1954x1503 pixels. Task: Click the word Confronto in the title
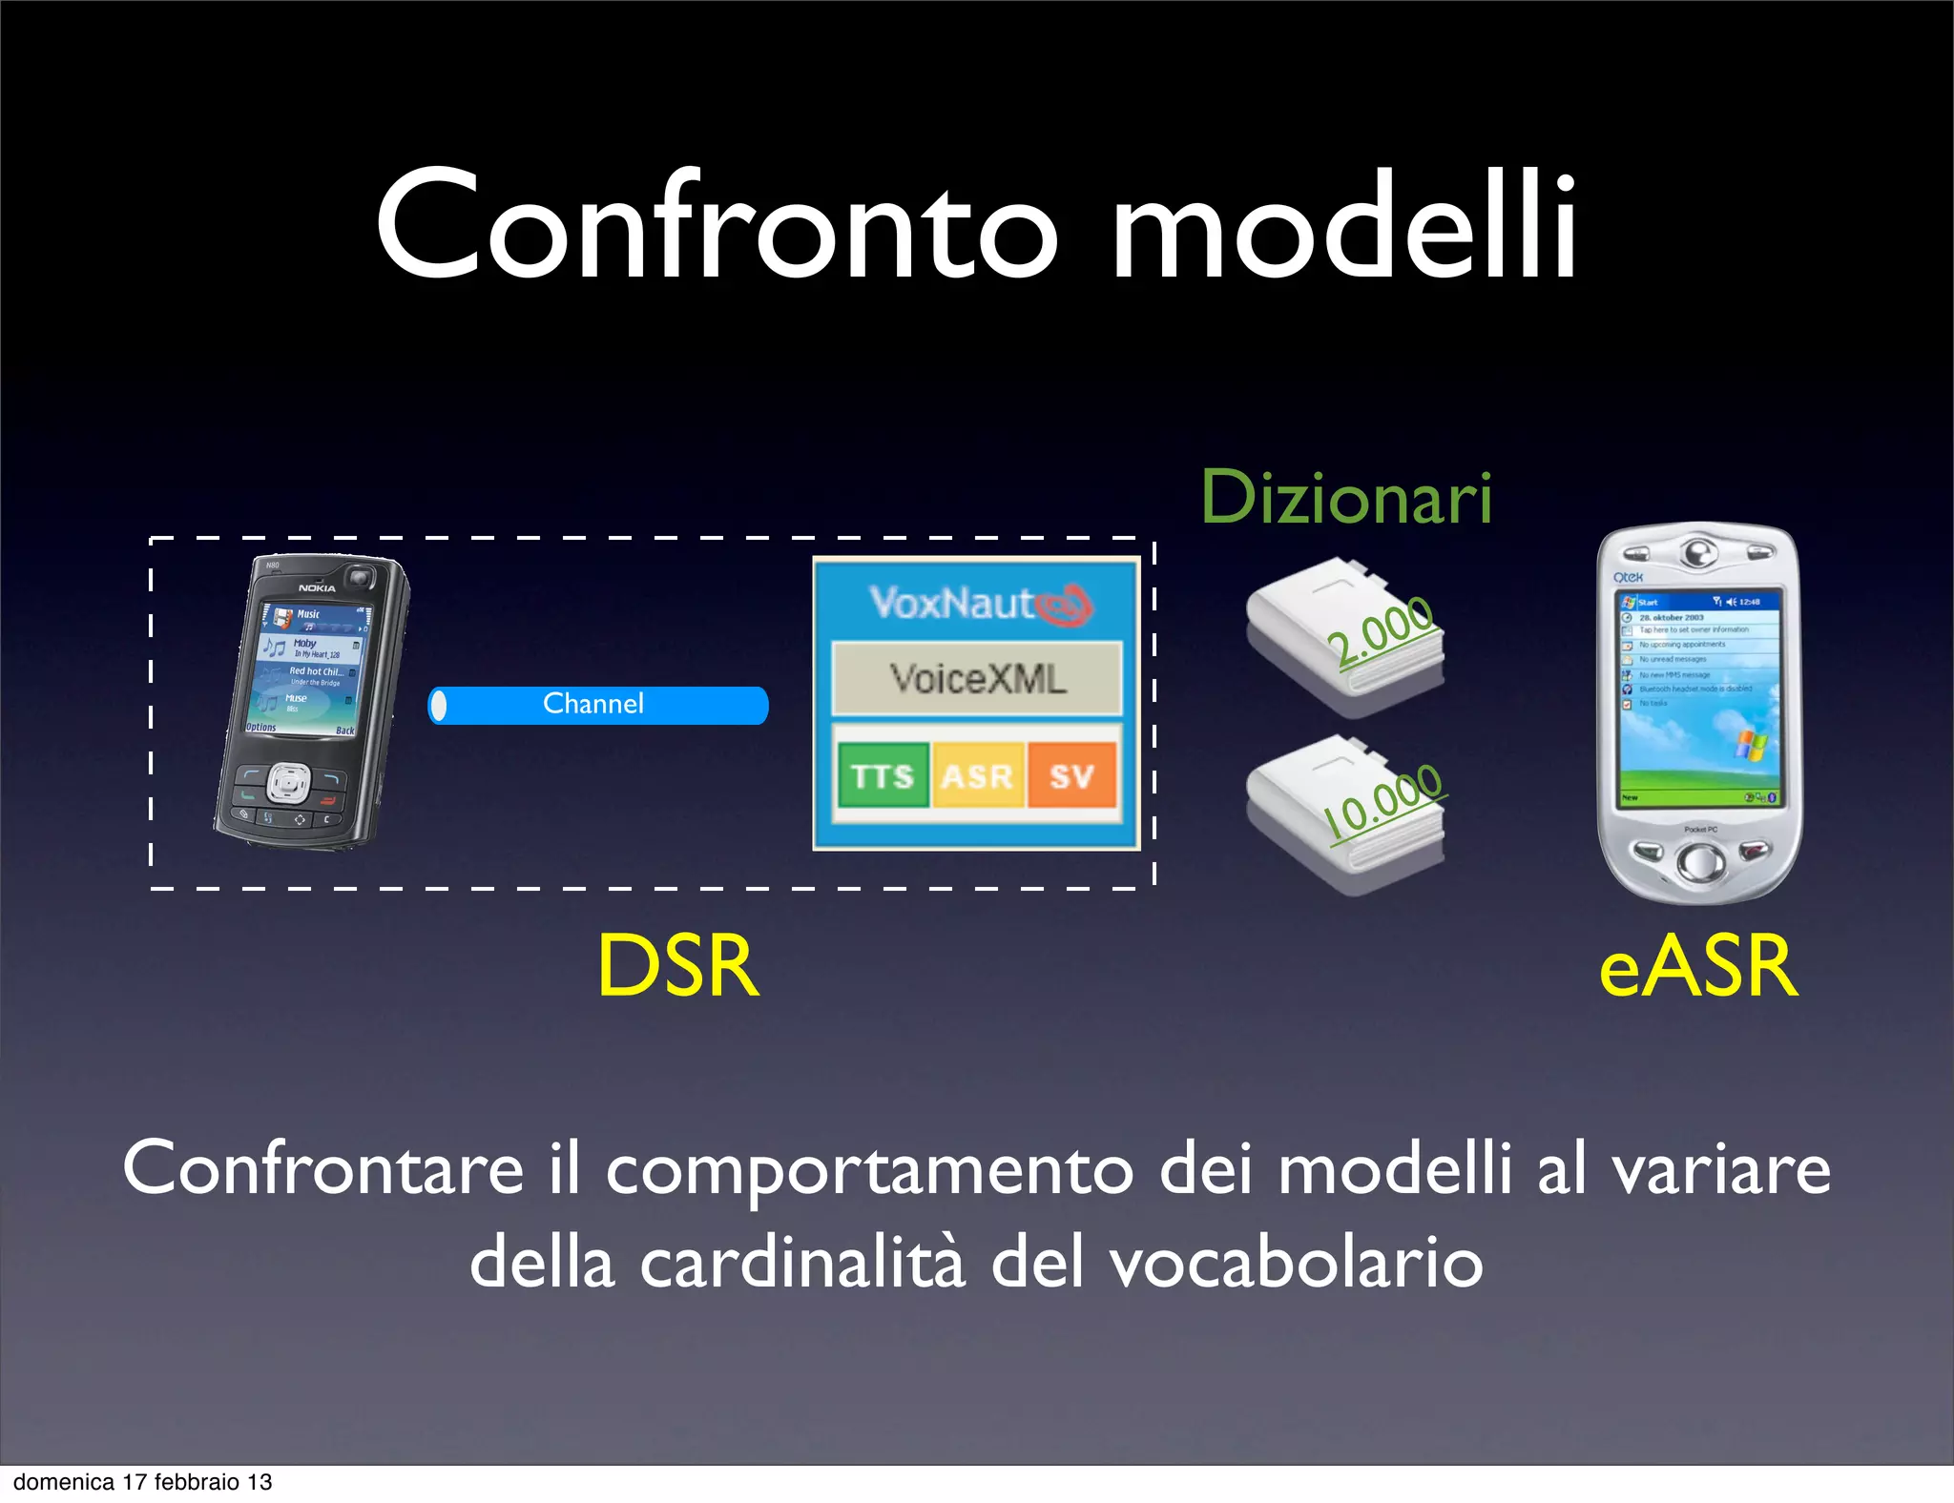pyautogui.click(x=716, y=227)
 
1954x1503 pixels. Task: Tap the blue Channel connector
pyautogui.click(x=598, y=705)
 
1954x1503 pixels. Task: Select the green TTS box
pyautogui.click(x=883, y=775)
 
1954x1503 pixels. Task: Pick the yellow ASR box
pyautogui.click(x=977, y=775)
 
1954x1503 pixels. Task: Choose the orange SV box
pyautogui.click(x=1071, y=775)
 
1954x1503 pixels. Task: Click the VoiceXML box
pyautogui.click(x=977, y=679)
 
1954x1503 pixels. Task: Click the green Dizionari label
pyautogui.click(x=1345, y=498)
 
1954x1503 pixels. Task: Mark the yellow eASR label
pyautogui.click(x=1698, y=967)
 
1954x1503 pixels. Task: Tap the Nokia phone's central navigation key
pyautogui.click(x=286, y=784)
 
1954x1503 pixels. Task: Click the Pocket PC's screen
pyautogui.click(x=1697, y=699)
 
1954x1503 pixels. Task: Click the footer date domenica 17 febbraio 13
pyautogui.click(x=143, y=1482)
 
